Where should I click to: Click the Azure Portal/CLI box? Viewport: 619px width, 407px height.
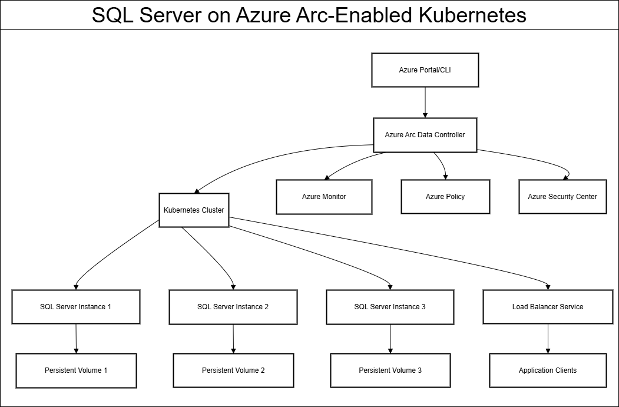point(425,70)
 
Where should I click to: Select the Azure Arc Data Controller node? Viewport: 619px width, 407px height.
point(425,135)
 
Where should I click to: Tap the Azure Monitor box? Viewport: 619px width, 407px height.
point(324,196)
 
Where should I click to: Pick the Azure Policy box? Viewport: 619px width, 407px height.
point(445,196)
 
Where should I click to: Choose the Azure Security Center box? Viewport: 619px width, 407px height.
point(562,196)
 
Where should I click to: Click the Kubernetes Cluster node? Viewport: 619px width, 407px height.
point(194,210)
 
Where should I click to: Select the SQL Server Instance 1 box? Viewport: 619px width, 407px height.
point(75,306)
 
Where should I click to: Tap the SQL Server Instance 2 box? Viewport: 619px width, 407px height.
point(233,306)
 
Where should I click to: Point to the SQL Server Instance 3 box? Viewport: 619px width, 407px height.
point(390,306)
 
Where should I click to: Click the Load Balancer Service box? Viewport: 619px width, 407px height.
point(548,306)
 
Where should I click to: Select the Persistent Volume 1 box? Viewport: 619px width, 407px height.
point(76,370)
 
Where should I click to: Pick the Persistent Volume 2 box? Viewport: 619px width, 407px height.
point(233,370)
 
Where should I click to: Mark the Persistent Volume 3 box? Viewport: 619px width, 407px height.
point(390,370)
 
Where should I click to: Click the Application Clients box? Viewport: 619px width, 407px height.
point(548,370)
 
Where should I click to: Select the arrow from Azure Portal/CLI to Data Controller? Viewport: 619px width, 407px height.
point(425,102)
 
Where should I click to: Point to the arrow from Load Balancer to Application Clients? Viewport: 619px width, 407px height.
point(548,338)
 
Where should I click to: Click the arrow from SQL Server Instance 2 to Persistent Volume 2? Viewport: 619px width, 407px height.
point(233,338)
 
